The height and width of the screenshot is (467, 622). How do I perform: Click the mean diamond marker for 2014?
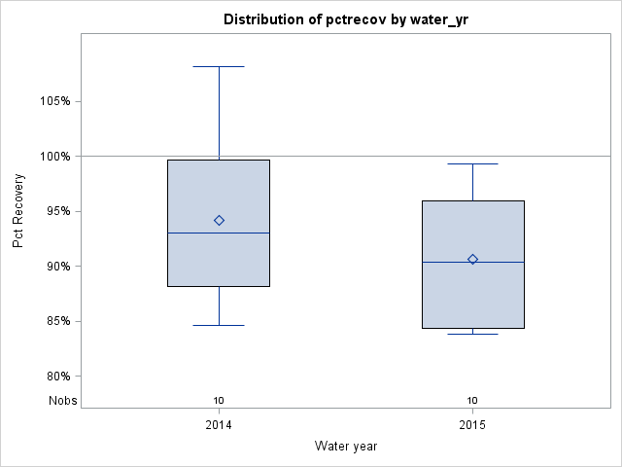219,220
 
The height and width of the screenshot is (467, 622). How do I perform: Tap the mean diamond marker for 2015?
472,259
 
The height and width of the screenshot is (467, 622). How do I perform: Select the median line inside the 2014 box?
219,233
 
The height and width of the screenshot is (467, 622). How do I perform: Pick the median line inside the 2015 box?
472,263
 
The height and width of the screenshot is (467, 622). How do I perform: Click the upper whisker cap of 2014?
219,66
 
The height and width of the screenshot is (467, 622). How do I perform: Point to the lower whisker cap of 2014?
219,325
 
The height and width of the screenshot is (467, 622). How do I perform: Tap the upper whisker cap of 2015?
472,163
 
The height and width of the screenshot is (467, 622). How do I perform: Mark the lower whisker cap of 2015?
472,334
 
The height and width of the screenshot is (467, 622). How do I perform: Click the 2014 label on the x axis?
219,425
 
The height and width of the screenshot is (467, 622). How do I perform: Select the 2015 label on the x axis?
472,425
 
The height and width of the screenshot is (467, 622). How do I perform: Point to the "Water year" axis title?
345,446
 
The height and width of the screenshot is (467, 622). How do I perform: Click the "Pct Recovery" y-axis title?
18,211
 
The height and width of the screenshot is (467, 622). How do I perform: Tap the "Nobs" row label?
63,400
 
